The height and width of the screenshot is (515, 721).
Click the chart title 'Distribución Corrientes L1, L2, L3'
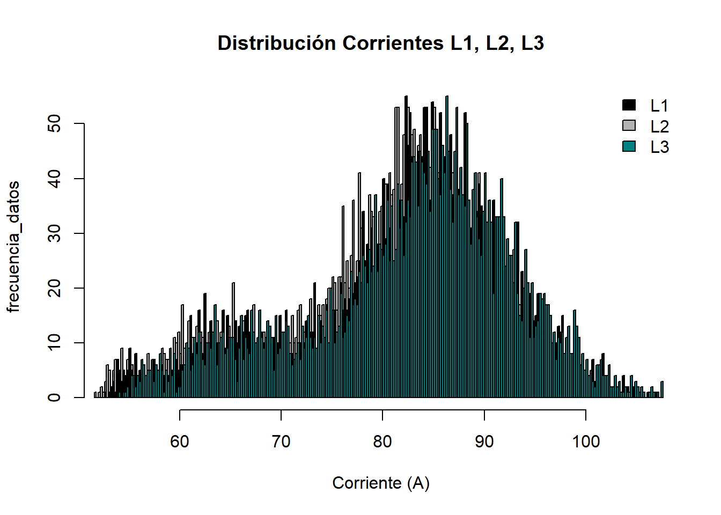click(x=381, y=43)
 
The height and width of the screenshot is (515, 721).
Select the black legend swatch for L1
click(x=629, y=105)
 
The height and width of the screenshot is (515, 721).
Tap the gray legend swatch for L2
click(x=629, y=126)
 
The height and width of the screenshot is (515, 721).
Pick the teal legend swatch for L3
click(x=629, y=146)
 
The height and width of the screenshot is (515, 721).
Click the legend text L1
click(x=659, y=106)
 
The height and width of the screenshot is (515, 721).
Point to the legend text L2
click(x=659, y=127)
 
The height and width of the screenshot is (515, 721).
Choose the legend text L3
click(x=659, y=147)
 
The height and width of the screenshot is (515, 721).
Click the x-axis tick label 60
click(x=180, y=442)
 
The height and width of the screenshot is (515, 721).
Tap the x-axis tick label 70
click(x=281, y=442)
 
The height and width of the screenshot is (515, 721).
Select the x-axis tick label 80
click(x=382, y=442)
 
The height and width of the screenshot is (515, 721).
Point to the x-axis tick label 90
click(x=484, y=442)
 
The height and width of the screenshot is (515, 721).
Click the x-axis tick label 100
click(x=586, y=442)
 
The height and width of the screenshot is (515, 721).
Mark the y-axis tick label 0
click(x=55, y=398)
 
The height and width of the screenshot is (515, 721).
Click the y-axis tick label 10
click(x=55, y=342)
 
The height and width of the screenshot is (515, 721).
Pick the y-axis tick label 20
click(x=55, y=288)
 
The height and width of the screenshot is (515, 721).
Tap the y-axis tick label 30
click(x=55, y=233)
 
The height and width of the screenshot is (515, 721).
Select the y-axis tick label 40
click(x=55, y=179)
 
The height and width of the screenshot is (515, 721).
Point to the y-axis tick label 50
click(x=55, y=124)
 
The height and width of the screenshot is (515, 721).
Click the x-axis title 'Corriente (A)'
click(x=381, y=483)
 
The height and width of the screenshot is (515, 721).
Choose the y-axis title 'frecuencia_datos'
click(x=14, y=247)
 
